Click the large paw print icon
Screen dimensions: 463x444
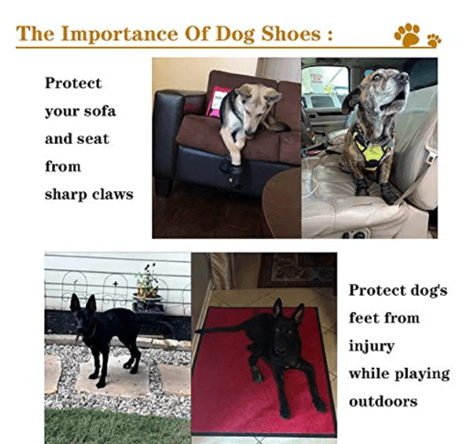(407, 35)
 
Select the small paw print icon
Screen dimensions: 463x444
(434, 40)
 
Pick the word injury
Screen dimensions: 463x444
(371, 347)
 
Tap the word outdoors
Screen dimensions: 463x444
(383, 402)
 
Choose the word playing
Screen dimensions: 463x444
(422, 374)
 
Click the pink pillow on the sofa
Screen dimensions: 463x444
(216, 101)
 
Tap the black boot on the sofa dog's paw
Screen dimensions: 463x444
(234, 176)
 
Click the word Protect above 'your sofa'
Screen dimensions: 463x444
(73, 83)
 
